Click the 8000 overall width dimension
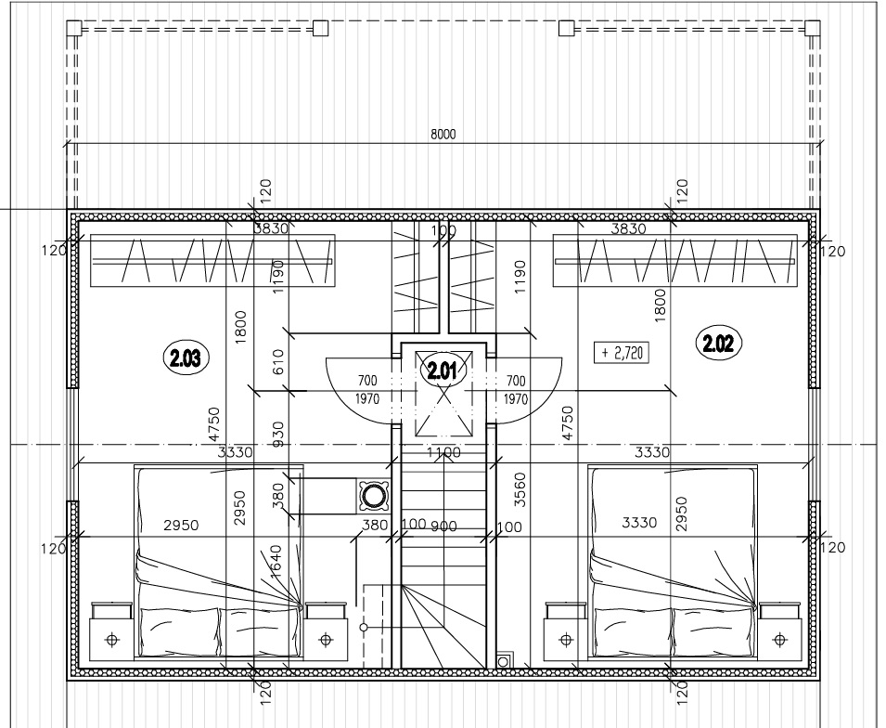tap(443, 134)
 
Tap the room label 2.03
tap(186, 357)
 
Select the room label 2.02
tap(718, 343)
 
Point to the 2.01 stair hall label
tap(442, 370)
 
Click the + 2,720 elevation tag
tap(622, 353)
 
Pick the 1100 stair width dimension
tap(443, 452)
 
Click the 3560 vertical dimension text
tap(520, 490)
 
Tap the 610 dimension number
tap(278, 361)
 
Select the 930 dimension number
tap(278, 434)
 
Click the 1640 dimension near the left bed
tap(276, 562)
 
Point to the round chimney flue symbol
tap(373, 497)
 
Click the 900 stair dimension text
tap(443, 526)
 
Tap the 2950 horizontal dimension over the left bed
tap(181, 526)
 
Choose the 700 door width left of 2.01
tap(367, 381)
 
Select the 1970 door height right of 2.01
tap(516, 399)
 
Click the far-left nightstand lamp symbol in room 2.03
tap(112, 640)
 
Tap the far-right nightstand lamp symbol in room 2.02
tap(779, 640)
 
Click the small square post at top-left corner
tap(74, 28)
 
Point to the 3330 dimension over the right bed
tap(639, 522)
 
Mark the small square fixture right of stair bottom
tap(503, 661)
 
